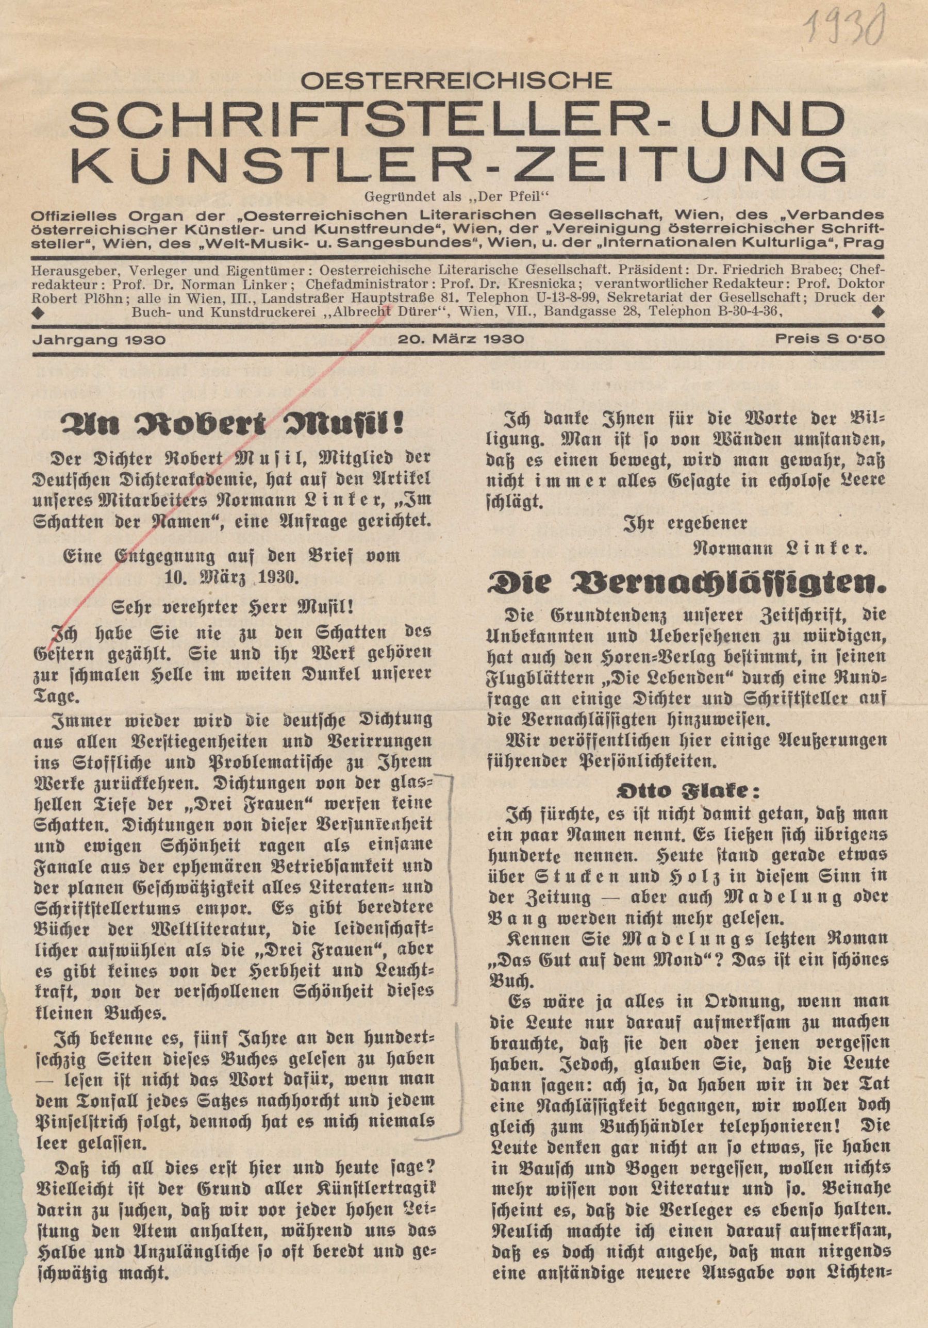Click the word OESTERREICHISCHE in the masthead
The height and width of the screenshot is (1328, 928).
pos(456,81)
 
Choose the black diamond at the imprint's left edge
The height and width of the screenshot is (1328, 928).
pos(38,312)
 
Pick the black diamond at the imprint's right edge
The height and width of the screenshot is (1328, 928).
pos(877,312)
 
